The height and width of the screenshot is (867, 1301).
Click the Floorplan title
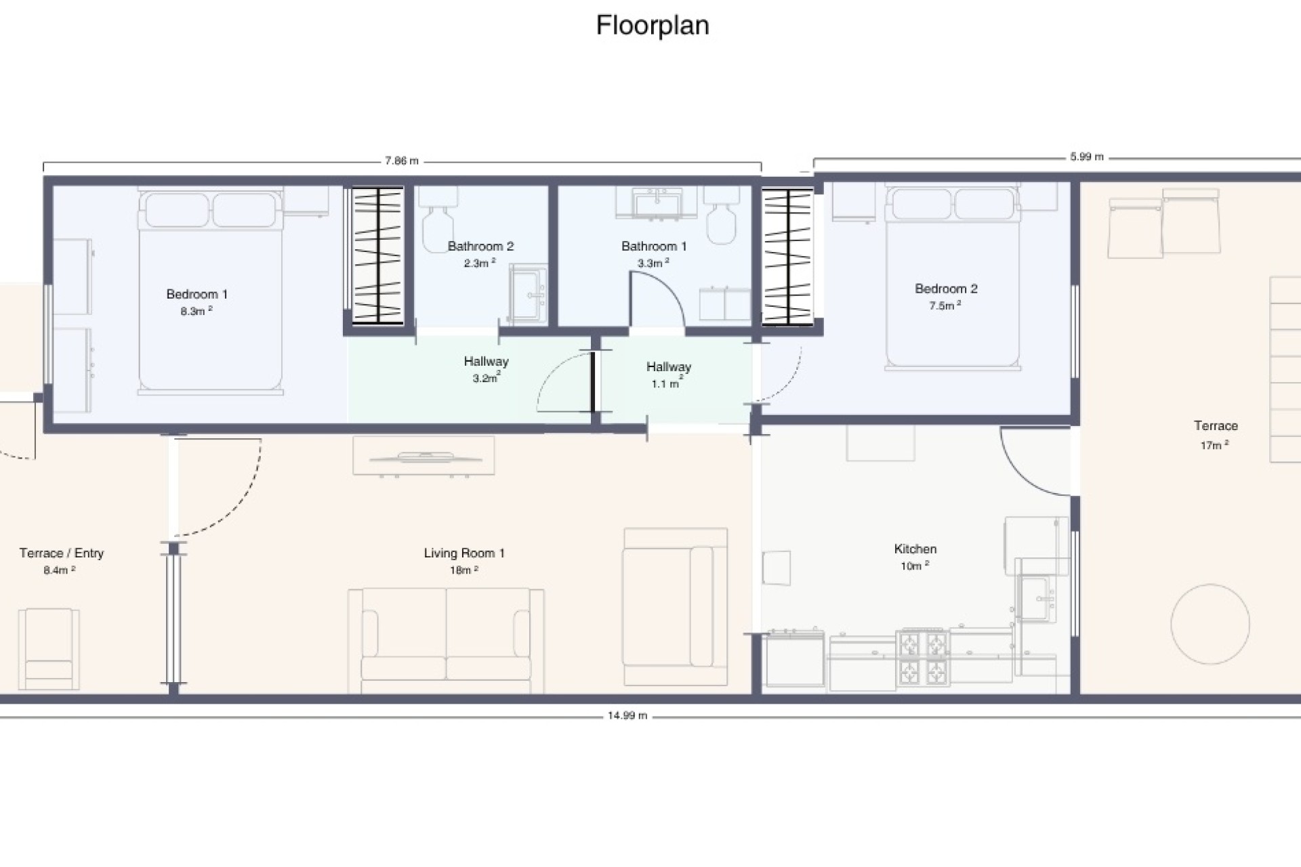coord(653,26)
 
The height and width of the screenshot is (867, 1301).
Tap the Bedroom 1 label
coord(197,294)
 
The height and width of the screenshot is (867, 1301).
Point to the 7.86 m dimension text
coord(402,161)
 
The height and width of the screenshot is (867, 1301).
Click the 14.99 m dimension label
coord(627,715)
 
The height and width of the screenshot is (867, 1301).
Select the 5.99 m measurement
coord(1087,157)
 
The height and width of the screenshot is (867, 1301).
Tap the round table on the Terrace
coord(1210,624)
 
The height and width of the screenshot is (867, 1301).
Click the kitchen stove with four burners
coord(922,660)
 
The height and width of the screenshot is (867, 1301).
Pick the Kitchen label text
coord(915,549)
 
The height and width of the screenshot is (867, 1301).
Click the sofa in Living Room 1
coord(446,641)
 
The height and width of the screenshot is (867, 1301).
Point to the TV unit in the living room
coord(424,455)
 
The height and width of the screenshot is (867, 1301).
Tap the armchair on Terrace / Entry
coord(49,649)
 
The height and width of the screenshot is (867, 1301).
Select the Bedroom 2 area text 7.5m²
coord(945,305)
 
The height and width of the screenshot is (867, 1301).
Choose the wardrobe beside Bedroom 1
coord(377,255)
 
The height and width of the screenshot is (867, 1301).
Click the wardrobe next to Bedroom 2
coord(787,256)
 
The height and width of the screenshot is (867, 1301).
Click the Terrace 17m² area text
coord(1214,445)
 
